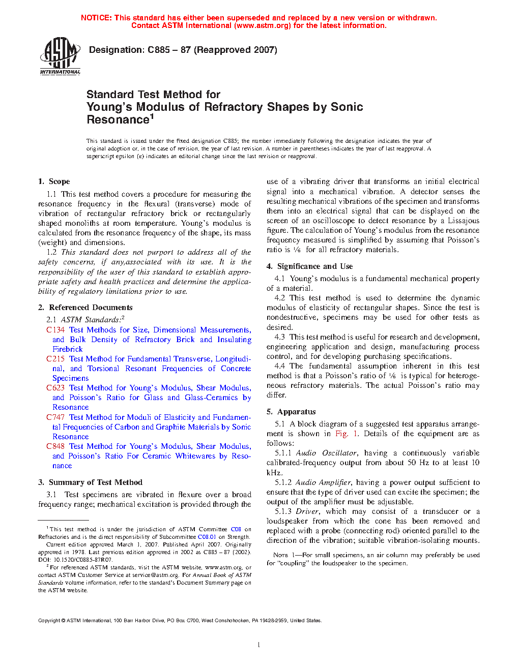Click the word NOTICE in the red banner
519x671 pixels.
pyautogui.click(x=96, y=18)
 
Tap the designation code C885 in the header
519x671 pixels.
pyautogui.click(x=159, y=50)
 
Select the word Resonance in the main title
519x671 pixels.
pyautogui.click(x=118, y=120)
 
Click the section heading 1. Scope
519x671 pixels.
pyautogui.click(x=54, y=181)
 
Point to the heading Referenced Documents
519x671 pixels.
pyautogui.click(x=91, y=308)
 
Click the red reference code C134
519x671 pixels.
pyautogui.click(x=55, y=330)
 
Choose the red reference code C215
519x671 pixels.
pyautogui.click(x=55, y=359)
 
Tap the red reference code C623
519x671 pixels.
pyautogui.click(x=55, y=388)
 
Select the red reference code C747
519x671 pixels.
pyautogui.click(x=55, y=417)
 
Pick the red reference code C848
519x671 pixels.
pyautogui.click(x=55, y=446)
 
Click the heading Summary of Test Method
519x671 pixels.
pyautogui.click(x=96, y=482)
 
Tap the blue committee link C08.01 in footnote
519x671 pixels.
pyautogui.click(x=207, y=537)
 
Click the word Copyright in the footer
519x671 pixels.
pyautogui.click(x=49, y=620)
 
